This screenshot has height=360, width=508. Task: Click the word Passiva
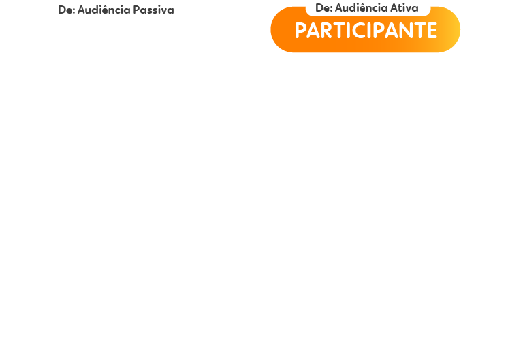pyautogui.click(x=154, y=10)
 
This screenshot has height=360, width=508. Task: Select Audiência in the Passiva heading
pyautogui.click(x=104, y=10)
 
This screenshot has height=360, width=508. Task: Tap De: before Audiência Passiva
pyautogui.click(x=67, y=10)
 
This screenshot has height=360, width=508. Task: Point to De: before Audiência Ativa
pyautogui.click(x=324, y=7)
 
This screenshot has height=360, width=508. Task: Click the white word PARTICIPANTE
pyautogui.click(x=366, y=31)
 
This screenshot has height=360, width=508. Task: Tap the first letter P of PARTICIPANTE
pyautogui.click(x=300, y=31)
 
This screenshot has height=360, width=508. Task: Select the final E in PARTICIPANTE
pyautogui.click(x=432, y=31)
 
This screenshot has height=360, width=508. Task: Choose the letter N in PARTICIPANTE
pyautogui.click(x=404, y=31)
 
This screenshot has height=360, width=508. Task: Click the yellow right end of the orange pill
pyautogui.click(x=452, y=29)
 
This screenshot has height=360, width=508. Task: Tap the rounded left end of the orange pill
pyautogui.click(x=279, y=29)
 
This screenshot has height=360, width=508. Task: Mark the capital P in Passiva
pyautogui.click(x=136, y=10)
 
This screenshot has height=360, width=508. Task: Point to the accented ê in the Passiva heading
pyautogui.click(x=108, y=10)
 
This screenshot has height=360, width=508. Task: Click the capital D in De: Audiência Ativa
pyautogui.click(x=319, y=7)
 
